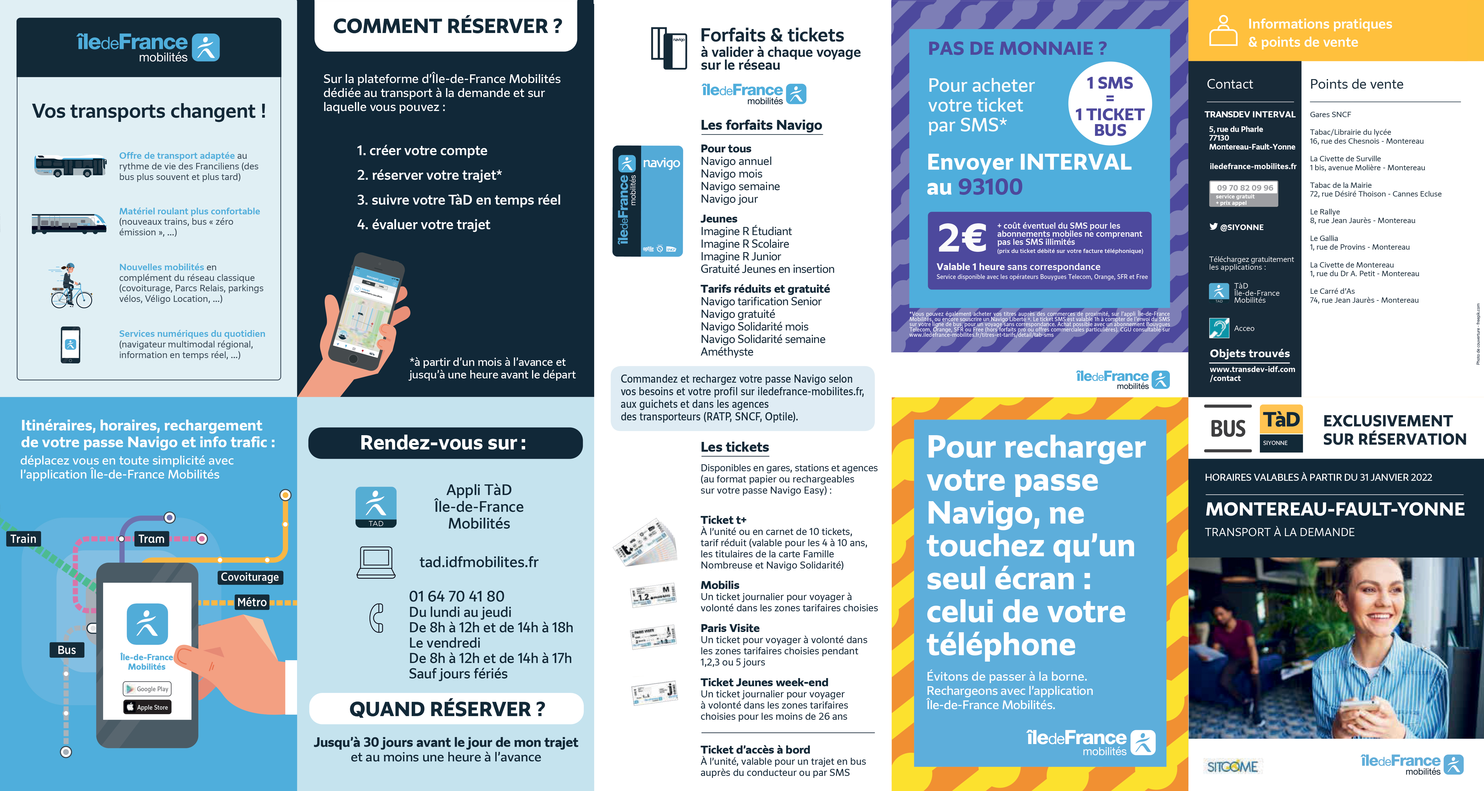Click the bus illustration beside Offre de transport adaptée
click(x=70, y=166)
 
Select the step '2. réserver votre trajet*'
click(x=429, y=175)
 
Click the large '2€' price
click(x=962, y=238)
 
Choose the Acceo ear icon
click(x=1219, y=328)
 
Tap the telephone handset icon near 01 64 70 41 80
click(x=377, y=618)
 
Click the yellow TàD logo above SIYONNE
click(x=1281, y=420)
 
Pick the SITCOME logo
click(x=1232, y=766)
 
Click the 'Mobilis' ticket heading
click(x=720, y=585)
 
